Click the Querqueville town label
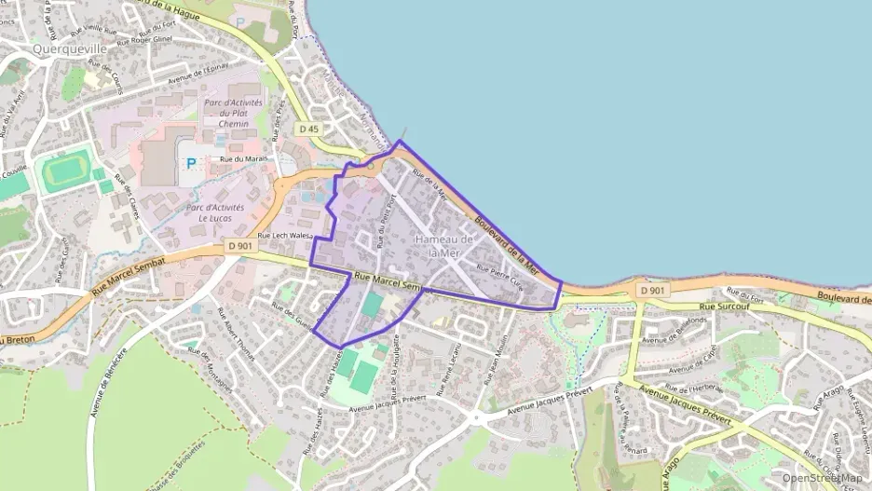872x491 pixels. click(70, 48)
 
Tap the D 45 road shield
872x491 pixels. click(309, 128)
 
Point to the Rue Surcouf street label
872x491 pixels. click(718, 305)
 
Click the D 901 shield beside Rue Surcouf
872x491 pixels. click(652, 291)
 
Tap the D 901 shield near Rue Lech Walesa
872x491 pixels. click(239, 246)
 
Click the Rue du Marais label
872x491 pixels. click(243, 158)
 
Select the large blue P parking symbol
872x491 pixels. click(191, 163)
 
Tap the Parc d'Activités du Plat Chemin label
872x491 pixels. click(234, 112)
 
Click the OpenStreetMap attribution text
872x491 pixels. click(822, 478)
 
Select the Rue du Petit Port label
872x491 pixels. click(381, 224)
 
